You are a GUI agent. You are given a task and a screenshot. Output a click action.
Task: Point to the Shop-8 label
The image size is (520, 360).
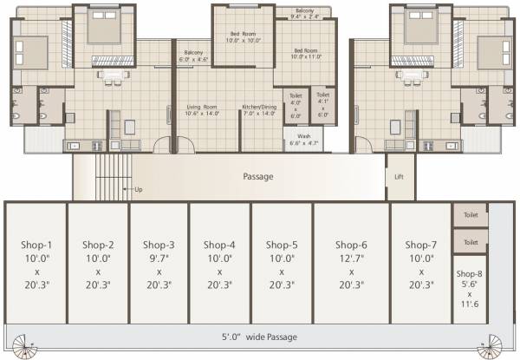(x=468, y=275)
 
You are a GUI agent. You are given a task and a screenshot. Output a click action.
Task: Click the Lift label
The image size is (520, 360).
(x=400, y=176)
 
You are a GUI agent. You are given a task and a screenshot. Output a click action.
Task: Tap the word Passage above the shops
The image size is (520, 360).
(x=257, y=176)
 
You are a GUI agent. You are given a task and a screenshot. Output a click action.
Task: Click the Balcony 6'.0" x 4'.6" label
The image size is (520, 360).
(x=195, y=57)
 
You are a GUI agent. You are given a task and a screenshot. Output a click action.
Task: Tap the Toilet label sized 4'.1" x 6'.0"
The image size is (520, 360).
(x=322, y=104)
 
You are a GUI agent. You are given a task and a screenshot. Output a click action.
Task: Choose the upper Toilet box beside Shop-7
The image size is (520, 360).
(x=471, y=214)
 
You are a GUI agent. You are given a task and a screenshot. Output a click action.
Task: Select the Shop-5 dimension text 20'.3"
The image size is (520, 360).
(x=283, y=284)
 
